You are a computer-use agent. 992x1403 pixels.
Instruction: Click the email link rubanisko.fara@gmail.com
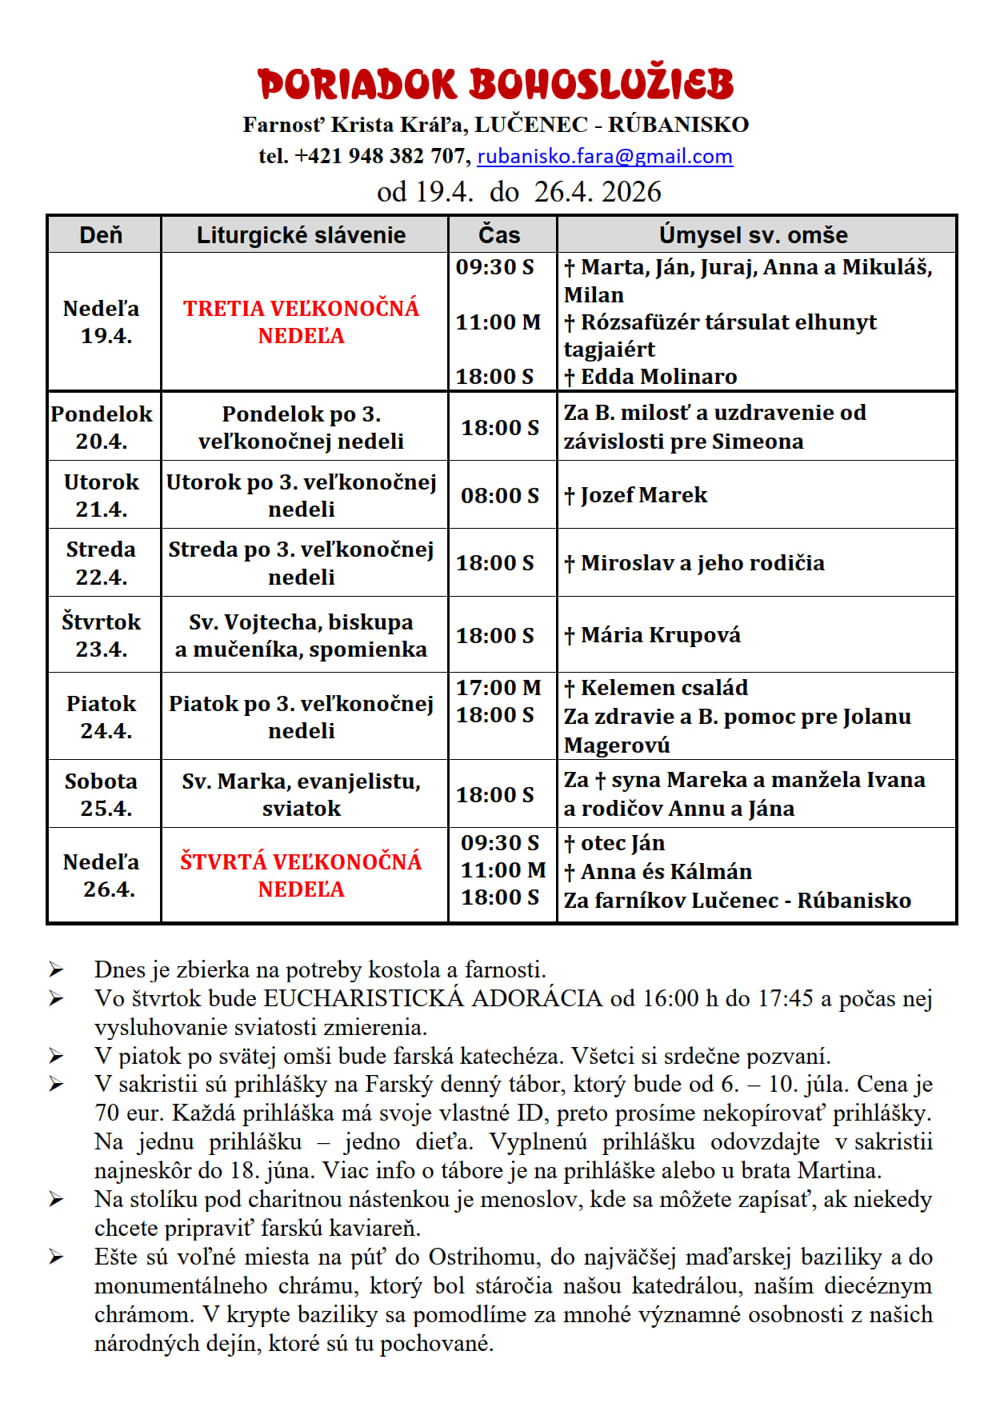click(604, 156)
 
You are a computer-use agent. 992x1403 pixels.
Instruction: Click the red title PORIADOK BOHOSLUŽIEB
click(495, 85)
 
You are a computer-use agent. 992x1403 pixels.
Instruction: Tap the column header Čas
click(499, 234)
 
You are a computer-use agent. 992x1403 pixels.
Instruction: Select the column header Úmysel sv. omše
click(753, 234)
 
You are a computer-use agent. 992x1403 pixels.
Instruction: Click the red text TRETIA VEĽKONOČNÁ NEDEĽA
click(301, 322)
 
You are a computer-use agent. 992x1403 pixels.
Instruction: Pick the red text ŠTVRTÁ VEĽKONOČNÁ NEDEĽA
click(301, 875)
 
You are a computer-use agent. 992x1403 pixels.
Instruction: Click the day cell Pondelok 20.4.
click(102, 427)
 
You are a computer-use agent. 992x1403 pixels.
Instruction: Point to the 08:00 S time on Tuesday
click(499, 495)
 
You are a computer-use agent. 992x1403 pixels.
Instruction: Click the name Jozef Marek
click(643, 495)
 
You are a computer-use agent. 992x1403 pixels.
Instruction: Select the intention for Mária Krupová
click(660, 635)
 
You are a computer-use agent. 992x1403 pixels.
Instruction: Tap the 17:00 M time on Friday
click(498, 688)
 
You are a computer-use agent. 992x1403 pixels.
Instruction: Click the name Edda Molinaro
click(658, 377)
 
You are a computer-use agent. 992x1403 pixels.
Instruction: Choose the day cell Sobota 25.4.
click(102, 794)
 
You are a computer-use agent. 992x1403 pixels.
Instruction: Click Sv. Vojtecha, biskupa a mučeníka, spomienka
click(301, 635)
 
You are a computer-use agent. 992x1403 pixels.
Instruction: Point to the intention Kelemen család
click(664, 688)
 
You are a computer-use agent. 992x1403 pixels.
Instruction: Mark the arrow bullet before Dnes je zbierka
click(55, 970)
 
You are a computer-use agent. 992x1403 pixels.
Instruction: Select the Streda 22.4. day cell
click(102, 562)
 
